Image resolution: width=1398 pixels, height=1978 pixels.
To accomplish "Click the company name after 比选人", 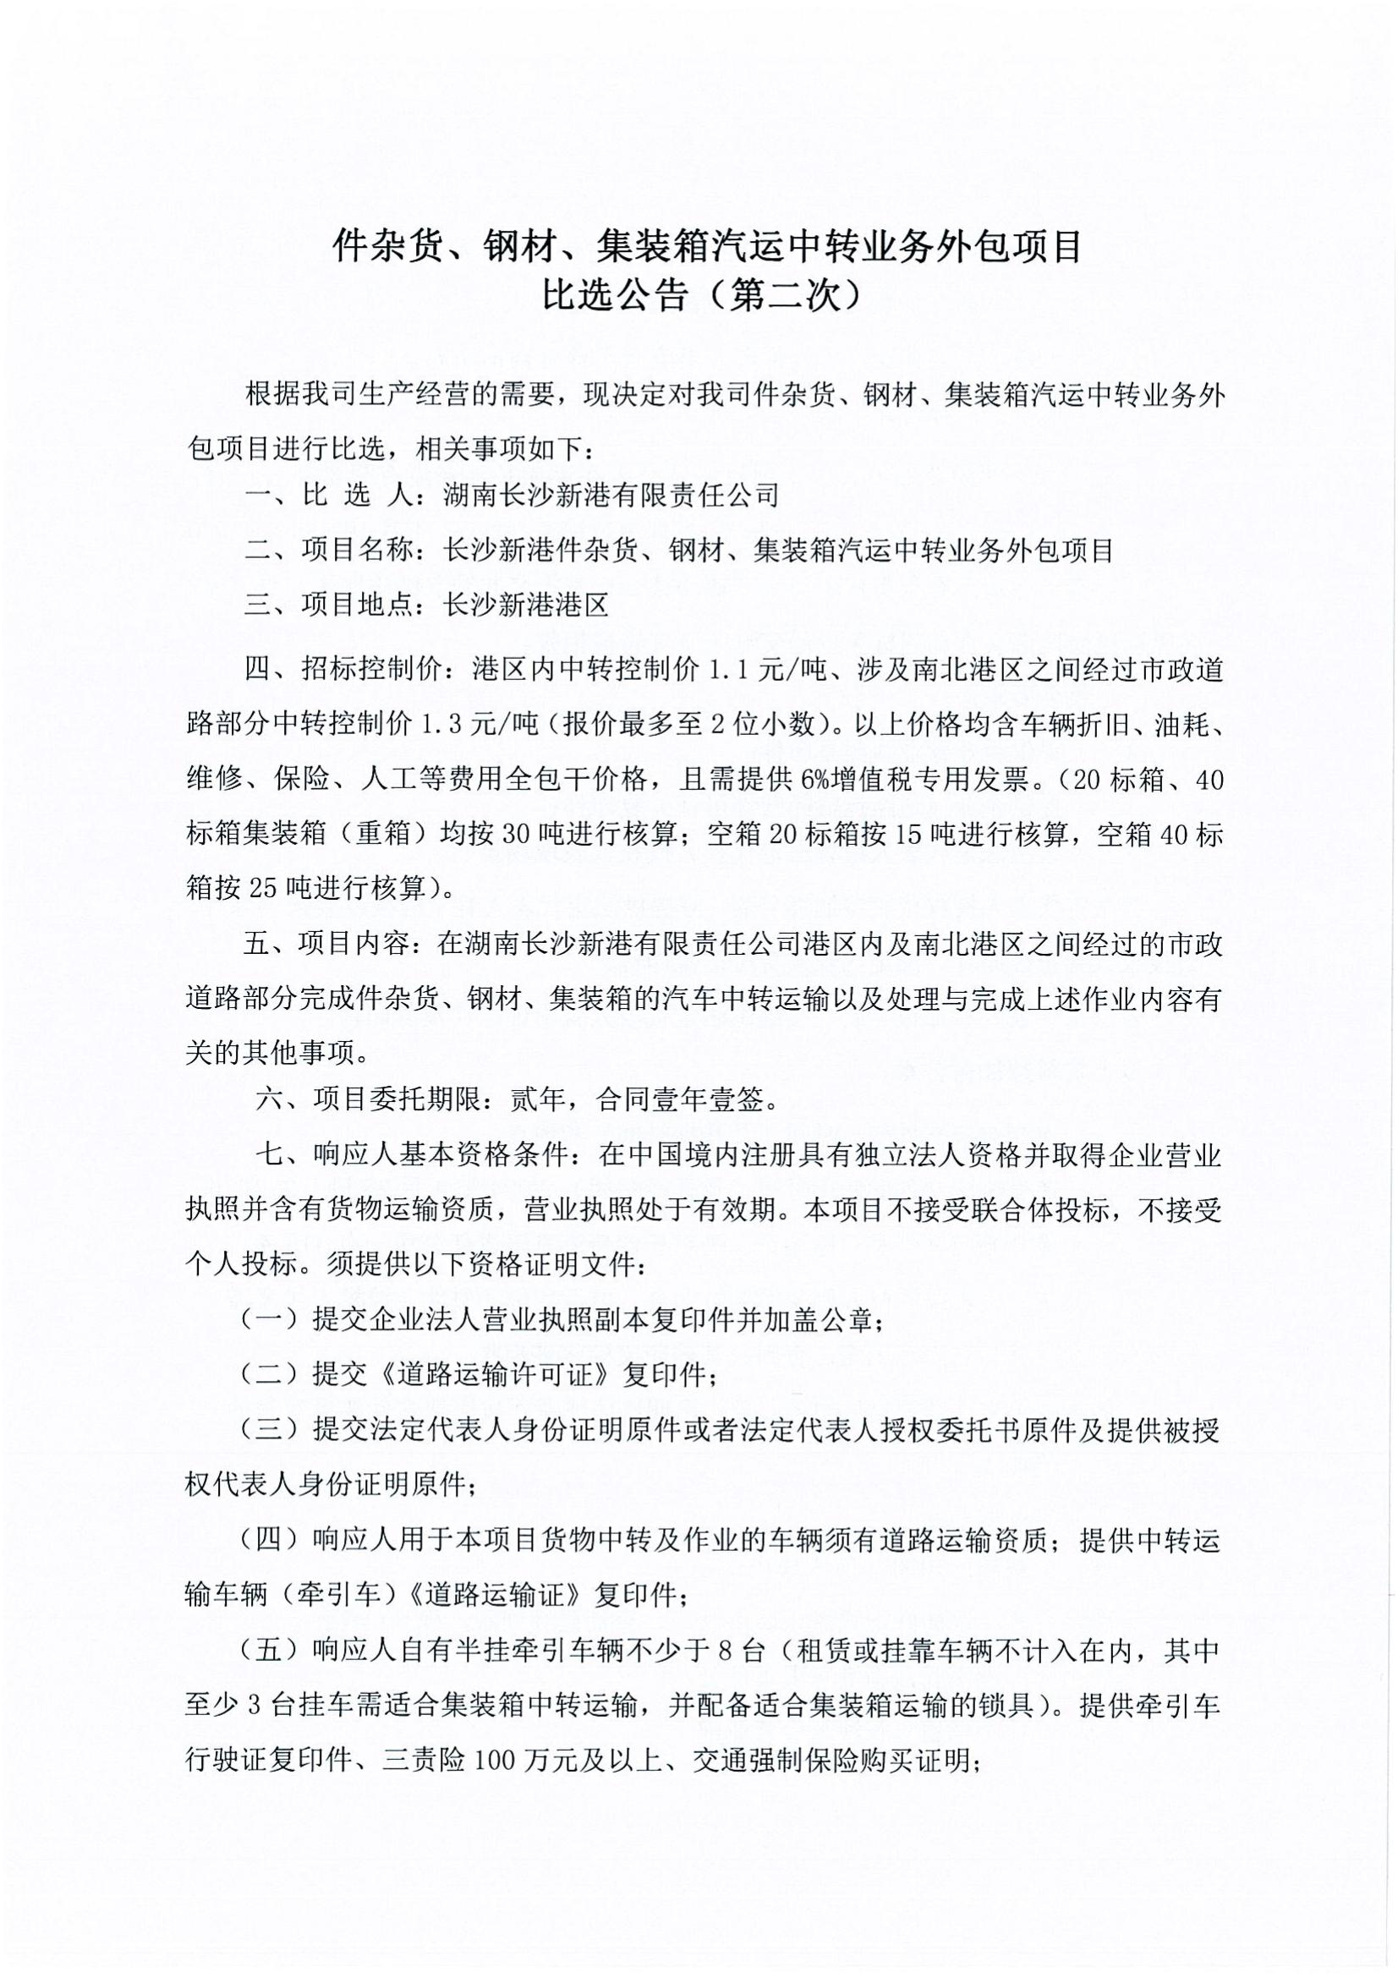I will click(x=610, y=495).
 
